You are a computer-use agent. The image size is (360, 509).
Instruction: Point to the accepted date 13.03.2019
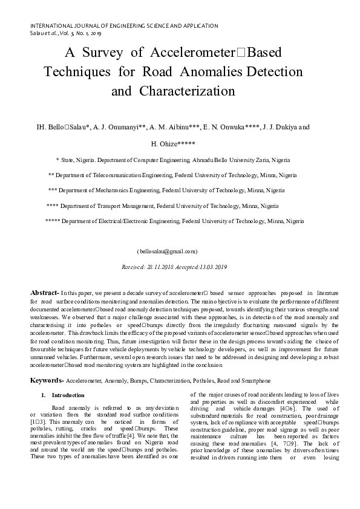[x=212, y=267]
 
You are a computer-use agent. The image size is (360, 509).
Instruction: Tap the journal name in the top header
[x=124, y=26]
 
